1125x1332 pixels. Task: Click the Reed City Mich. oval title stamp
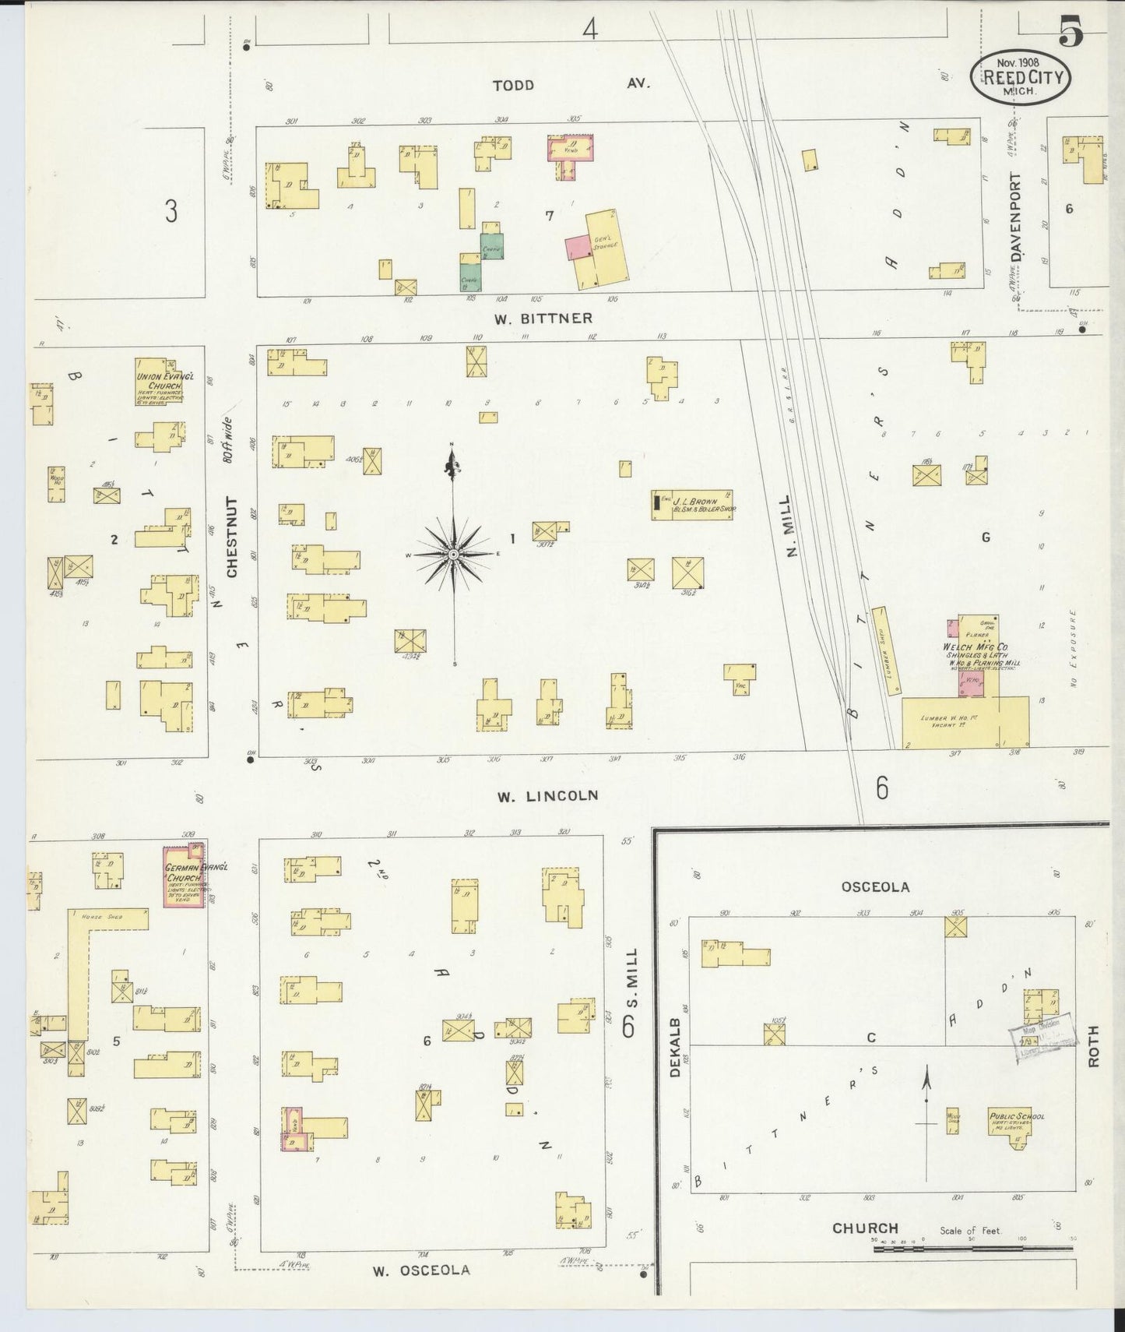click(1020, 76)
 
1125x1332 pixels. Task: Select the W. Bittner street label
click(543, 318)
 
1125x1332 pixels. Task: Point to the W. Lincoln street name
click(548, 795)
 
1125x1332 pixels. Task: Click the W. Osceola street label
click(420, 1270)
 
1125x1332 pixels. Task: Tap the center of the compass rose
click(452, 554)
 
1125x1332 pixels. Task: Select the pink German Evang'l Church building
click(185, 875)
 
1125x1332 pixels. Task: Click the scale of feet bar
click(972, 1248)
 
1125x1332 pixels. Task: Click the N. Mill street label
click(792, 527)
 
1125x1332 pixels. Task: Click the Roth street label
click(1094, 1046)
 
